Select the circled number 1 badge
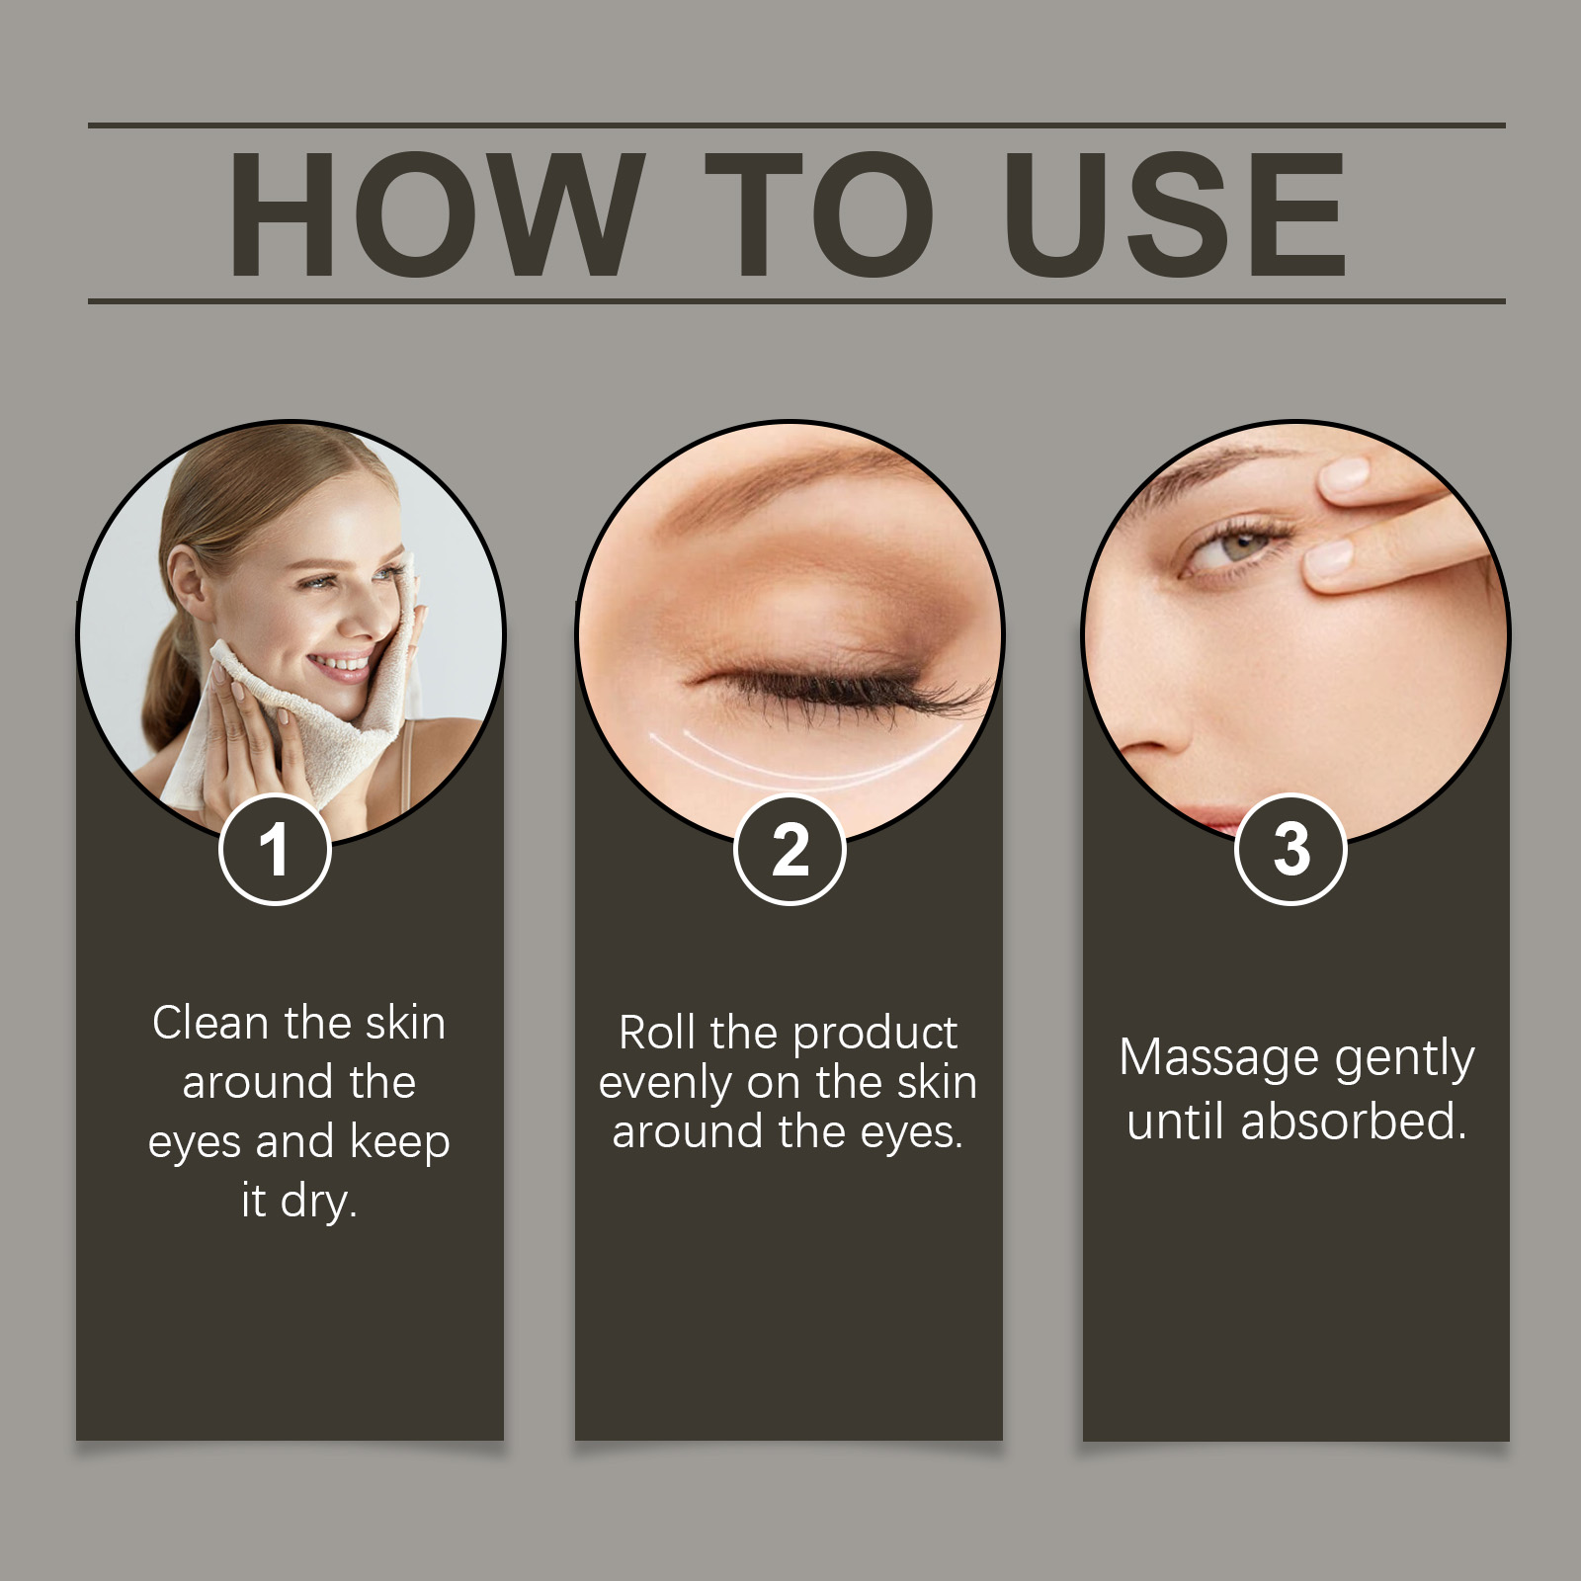275,850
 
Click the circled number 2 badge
790,850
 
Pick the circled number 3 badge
1290,850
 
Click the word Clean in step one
209,1023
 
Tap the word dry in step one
317,1202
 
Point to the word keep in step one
399,1142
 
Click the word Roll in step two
656,1034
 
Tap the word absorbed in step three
1353,1122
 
